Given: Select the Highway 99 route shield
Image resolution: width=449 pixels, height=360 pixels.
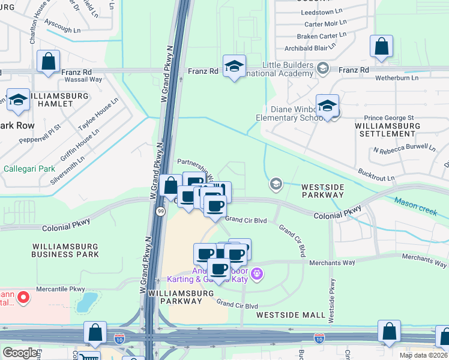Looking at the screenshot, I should [160, 211].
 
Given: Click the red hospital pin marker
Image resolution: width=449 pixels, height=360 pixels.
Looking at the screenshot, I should [23, 297].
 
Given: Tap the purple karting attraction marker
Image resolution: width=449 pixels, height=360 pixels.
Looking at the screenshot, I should [258, 274].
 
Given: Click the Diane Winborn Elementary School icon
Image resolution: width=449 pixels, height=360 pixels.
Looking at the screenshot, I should [327, 106].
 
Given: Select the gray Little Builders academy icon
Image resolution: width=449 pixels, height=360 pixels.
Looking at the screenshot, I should [323, 68].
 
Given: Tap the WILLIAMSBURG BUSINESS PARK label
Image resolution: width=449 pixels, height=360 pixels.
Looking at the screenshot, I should [65, 250].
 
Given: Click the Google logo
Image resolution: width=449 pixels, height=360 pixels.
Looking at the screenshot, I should [20, 352].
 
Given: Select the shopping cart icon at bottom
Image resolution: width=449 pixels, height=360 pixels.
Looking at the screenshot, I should [88, 356].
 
